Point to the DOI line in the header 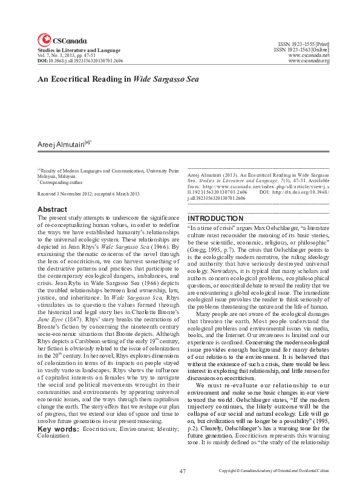coord(71,61)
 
